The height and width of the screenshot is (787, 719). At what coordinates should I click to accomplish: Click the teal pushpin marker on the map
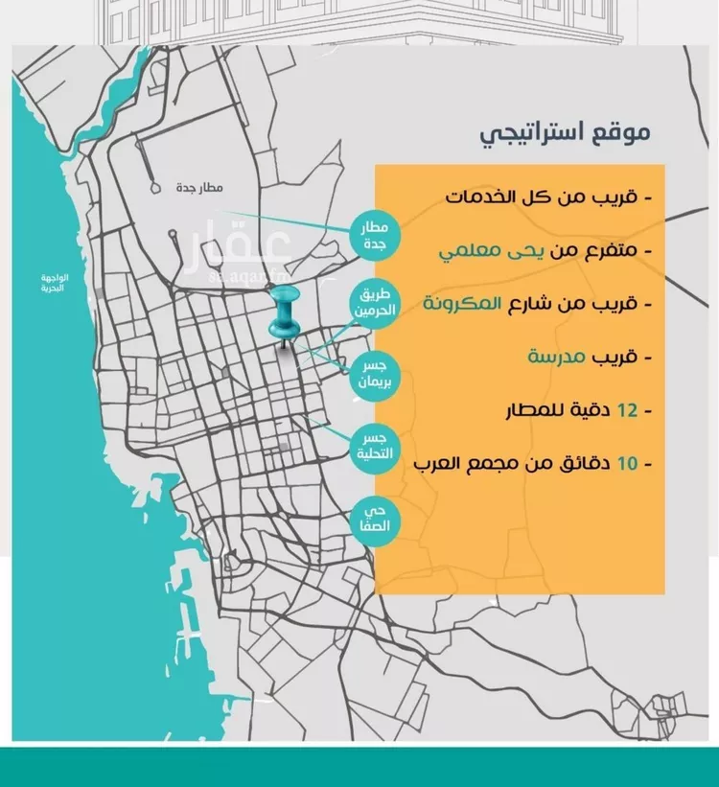pyautogui.click(x=285, y=316)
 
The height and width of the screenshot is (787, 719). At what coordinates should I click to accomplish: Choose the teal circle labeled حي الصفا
pyautogui.click(x=373, y=519)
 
